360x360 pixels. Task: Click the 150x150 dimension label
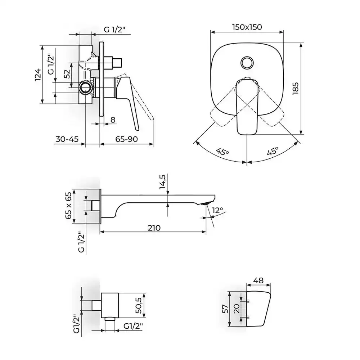point(247,27)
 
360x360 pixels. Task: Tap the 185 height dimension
point(296,89)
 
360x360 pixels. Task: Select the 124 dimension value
point(38,75)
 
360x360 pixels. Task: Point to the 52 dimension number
point(67,74)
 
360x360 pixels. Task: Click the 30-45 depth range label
point(67,139)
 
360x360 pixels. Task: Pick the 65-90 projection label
point(126,139)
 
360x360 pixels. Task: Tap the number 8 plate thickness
point(113,120)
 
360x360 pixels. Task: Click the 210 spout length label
point(154,228)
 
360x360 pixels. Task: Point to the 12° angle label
point(217,210)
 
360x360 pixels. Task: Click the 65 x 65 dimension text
point(68,206)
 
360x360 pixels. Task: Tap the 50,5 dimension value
point(139,305)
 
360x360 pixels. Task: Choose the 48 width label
point(258,280)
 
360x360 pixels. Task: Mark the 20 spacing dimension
point(237,309)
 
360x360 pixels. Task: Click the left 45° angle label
point(222,152)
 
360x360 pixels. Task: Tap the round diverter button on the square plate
point(247,62)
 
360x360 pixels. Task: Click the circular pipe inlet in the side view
point(85,87)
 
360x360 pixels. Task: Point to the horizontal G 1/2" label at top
point(114,30)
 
